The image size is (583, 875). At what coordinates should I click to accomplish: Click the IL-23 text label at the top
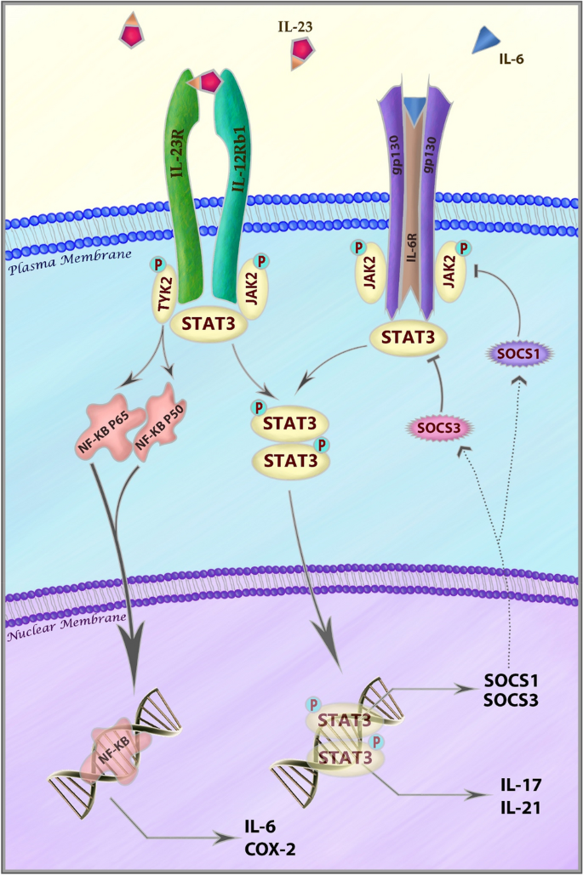pos(294,26)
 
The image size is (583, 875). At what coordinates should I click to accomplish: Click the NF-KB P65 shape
pos(114,429)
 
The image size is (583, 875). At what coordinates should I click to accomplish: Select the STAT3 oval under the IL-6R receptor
pos(414,338)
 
